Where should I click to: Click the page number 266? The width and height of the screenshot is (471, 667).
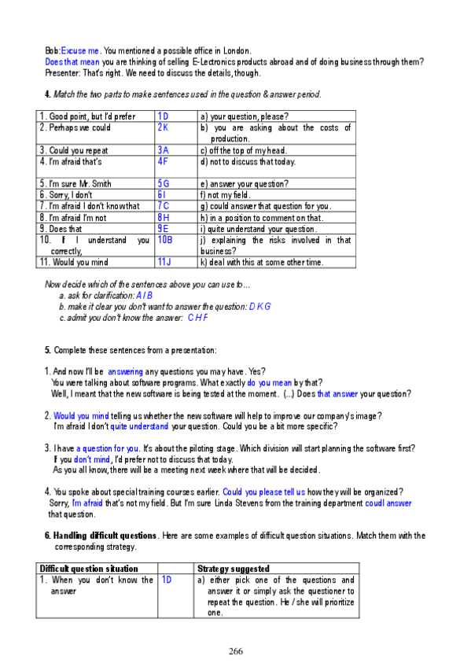tap(236, 650)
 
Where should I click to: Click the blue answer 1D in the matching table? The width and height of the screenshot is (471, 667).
tap(164, 116)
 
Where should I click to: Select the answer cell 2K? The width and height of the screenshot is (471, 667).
tap(164, 127)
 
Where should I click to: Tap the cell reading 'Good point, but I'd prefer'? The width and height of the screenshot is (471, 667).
tap(87, 116)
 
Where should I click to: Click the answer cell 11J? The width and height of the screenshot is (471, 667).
tap(165, 262)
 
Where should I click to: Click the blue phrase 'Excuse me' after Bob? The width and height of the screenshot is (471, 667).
tap(80, 49)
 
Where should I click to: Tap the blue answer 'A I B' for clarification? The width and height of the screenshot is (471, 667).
tap(145, 295)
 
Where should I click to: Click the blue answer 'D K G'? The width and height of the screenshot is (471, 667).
tap(260, 306)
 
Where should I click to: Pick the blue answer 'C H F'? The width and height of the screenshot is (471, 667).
tap(198, 318)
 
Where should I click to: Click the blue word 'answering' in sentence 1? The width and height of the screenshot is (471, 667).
tap(126, 371)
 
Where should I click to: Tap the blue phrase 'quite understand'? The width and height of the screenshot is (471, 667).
tap(139, 426)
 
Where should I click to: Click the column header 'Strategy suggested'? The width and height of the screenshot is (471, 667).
tap(234, 568)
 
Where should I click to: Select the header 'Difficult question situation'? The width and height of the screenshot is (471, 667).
tap(89, 568)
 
